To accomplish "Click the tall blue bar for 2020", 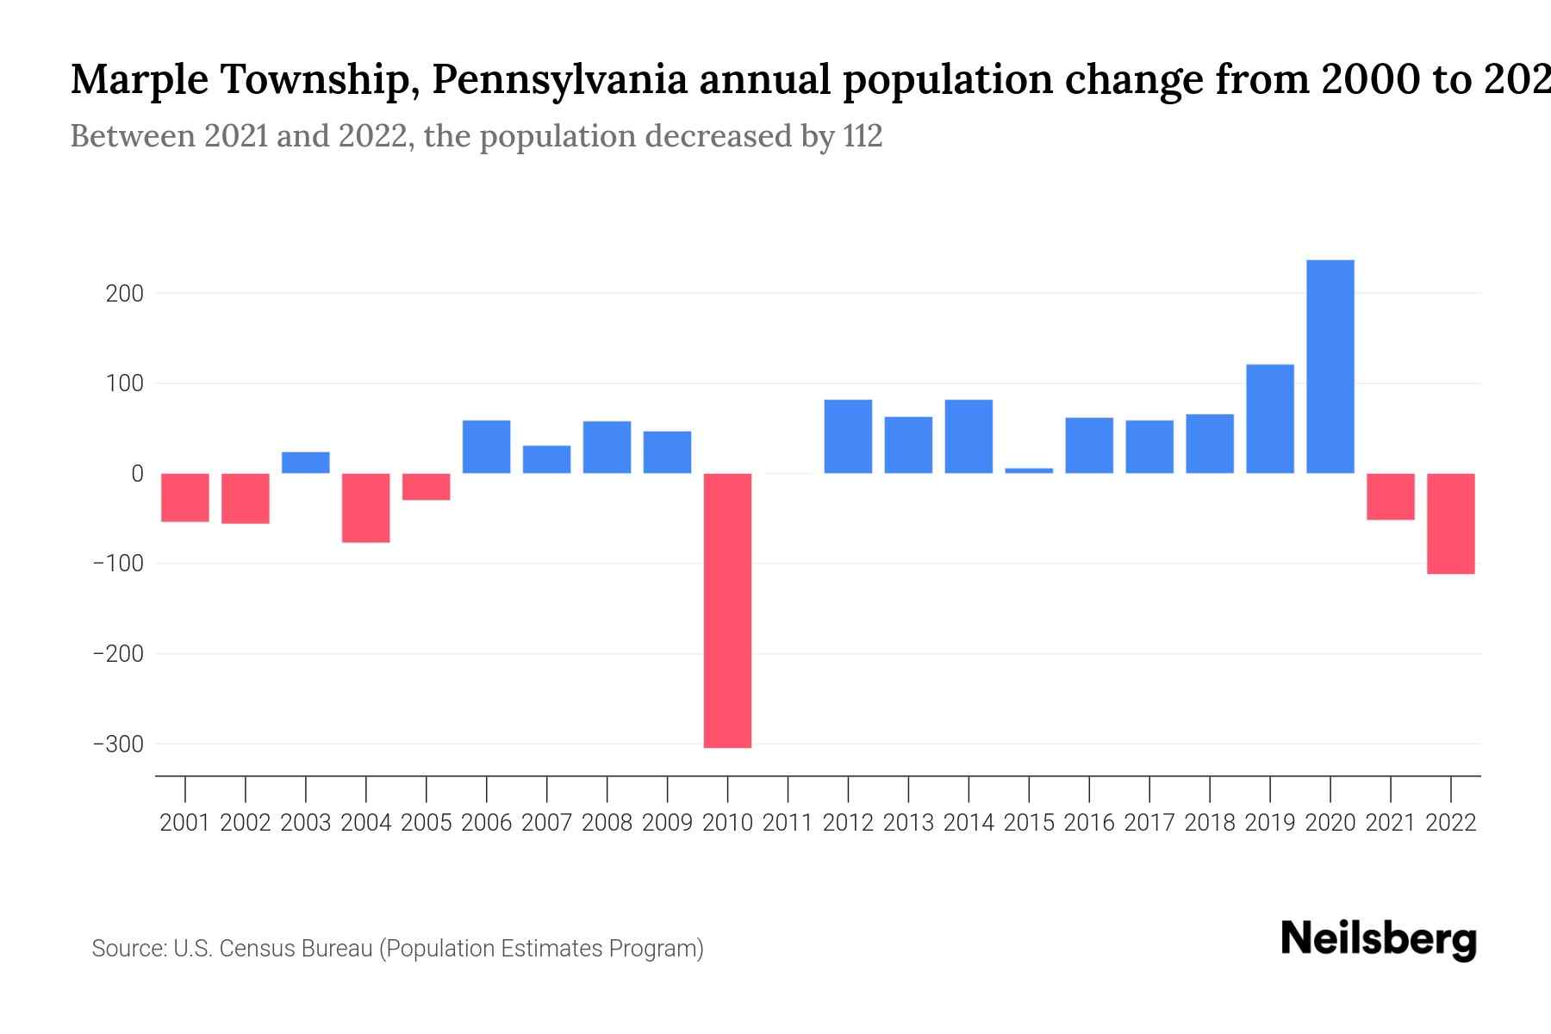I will (x=1330, y=366).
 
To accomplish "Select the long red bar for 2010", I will (x=727, y=610).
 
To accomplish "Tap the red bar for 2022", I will (x=1450, y=523).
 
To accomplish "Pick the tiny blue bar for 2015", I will (x=1029, y=470).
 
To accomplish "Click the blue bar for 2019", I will (x=1269, y=419).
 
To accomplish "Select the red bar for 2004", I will (x=365, y=508).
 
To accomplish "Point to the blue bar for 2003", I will (x=305, y=463).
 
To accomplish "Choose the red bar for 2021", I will (x=1390, y=496).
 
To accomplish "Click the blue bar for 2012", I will (x=848, y=436).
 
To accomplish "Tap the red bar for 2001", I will (x=184, y=497).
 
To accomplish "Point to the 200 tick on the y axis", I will (x=124, y=294).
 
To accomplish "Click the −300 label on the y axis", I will (x=118, y=744).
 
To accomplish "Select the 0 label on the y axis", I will (x=137, y=474).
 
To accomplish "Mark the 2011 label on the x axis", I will (x=788, y=823).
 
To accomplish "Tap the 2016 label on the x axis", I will (x=1089, y=823).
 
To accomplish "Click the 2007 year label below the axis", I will (x=546, y=823).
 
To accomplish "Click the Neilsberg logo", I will (x=1378, y=939).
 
